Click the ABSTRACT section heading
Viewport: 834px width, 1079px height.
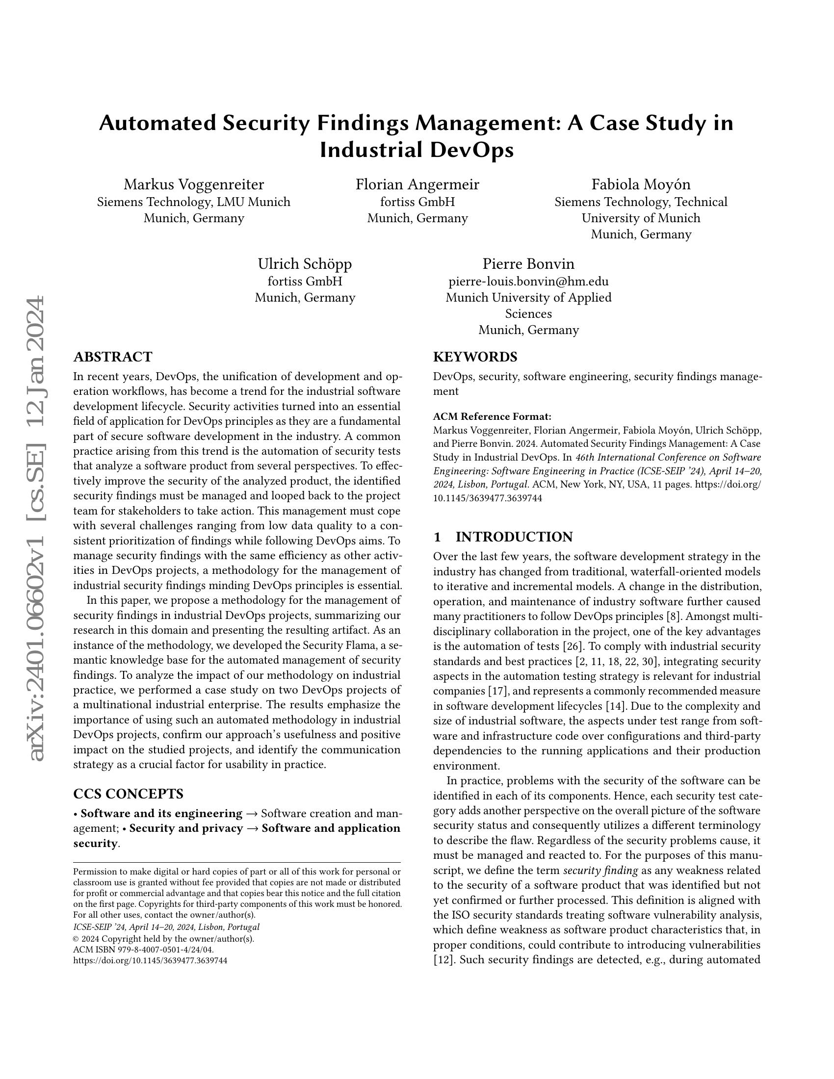tap(113, 357)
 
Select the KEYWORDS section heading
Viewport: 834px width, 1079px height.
tap(475, 357)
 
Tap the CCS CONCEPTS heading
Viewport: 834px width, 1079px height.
tap(128, 794)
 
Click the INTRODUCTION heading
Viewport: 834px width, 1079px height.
tap(514, 537)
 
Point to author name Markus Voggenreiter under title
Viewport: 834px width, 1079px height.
tap(194, 184)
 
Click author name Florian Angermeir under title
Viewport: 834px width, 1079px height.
tap(417, 184)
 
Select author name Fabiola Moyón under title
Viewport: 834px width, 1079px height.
tap(641, 184)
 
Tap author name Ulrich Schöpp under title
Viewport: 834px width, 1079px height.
tap(304, 264)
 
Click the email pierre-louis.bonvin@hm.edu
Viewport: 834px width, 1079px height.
tap(528, 281)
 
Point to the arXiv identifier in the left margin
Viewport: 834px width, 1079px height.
tap(38, 529)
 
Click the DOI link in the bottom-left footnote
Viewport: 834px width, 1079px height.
tap(150, 960)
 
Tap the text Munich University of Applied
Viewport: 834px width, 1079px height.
tap(528, 297)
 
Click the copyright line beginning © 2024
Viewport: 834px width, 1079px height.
tap(163, 939)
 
